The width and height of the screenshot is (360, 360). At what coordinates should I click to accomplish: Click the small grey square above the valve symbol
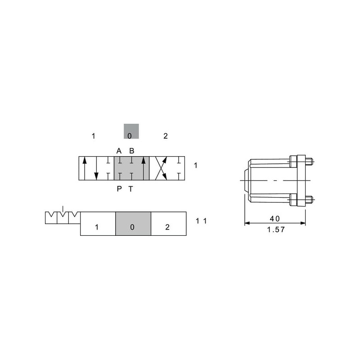pyautogui.click(x=131, y=131)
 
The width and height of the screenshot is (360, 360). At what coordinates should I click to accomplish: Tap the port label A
pyautogui.click(x=119, y=151)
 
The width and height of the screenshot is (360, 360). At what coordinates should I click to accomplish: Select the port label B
pyautogui.click(x=131, y=151)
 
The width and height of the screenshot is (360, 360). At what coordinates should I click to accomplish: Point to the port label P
pyautogui.click(x=119, y=189)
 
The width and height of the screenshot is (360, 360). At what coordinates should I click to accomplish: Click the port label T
pyautogui.click(x=130, y=189)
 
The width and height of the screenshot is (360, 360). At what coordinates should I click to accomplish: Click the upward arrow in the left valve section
pyautogui.click(x=85, y=168)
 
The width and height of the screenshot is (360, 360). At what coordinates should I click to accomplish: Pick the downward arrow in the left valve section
pyautogui.click(x=96, y=168)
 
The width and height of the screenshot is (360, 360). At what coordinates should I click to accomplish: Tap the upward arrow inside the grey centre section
pyautogui.click(x=144, y=168)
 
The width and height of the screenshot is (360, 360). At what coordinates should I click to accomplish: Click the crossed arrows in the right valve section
pyautogui.click(x=161, y=168)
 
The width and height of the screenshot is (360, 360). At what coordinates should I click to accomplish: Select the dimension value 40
pyautogui.click(x=275, y=219)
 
